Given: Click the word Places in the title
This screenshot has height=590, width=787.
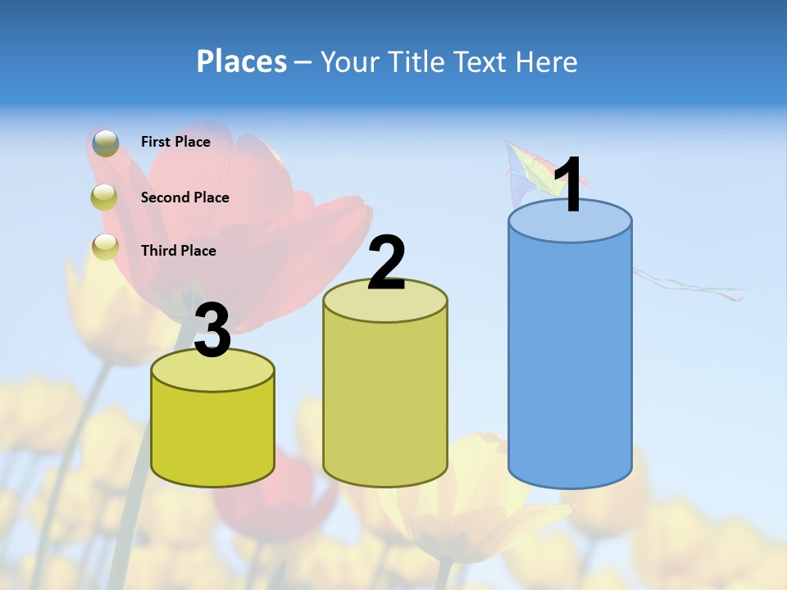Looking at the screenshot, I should (241, 61).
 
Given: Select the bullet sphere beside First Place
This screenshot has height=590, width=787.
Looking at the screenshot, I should (105, 143).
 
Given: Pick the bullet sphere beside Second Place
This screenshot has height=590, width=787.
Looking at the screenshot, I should (105, 197).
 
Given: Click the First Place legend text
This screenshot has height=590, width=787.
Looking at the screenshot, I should (175, 142).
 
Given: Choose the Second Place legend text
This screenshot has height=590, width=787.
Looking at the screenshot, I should (184, 197).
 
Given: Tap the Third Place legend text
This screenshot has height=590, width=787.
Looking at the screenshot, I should (178, 251).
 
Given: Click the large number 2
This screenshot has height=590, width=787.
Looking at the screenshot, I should (386, 263).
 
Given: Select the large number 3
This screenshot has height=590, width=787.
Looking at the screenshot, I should (213, 330).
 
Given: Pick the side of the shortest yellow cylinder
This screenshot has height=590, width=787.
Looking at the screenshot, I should (213, 434).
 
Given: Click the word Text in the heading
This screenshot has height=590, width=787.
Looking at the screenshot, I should (484, 61).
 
